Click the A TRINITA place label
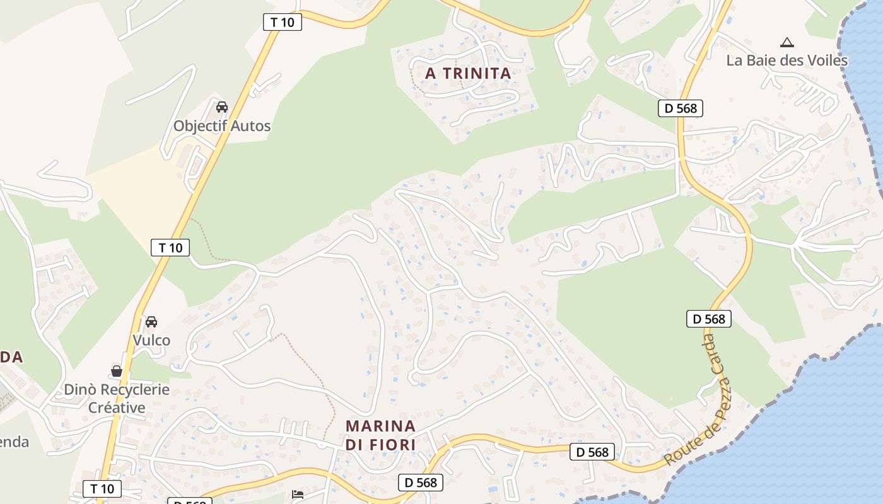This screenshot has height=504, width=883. [468, 73]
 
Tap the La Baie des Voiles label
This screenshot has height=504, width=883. [787, 60]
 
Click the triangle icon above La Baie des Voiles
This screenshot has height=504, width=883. [787, 43]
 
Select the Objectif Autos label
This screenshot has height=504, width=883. [222, 125]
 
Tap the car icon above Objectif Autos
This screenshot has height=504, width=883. [222, 107]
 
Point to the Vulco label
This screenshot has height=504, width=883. [151, 340]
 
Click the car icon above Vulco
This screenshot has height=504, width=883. [151, 322]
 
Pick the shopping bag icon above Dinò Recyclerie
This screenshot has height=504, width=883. [117, 371]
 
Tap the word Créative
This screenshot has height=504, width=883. [117, 408]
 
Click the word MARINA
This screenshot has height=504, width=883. [380, 426]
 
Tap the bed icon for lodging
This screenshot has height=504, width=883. [298, 494]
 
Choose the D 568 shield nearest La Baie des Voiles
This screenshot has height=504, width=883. [681, 108]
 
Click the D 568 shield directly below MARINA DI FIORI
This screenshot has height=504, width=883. [421, 483]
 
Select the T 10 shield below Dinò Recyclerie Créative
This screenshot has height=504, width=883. [102, 488]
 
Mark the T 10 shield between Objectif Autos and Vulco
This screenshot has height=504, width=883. [170, 248]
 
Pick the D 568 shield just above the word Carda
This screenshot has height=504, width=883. [709, 319]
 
